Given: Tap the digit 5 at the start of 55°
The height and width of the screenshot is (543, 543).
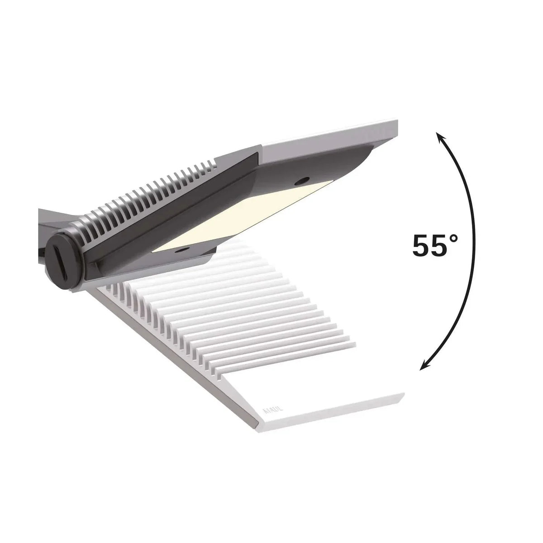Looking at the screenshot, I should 420,247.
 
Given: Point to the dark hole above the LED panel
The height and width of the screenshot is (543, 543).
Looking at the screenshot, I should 299,181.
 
